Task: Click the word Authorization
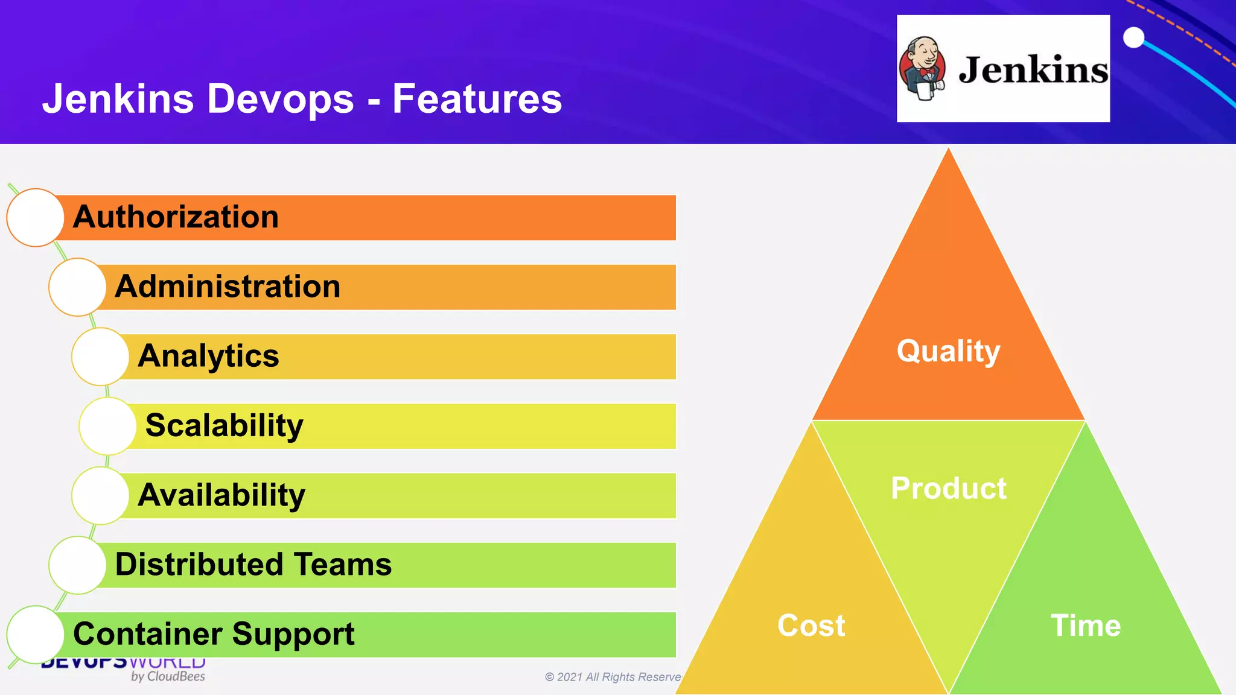click(x=176, y=217)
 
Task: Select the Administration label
click(x=228, y=287)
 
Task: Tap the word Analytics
click(x=208, y=356)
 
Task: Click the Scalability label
click(x=224, y=426)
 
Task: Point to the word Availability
click(x=221, y=495)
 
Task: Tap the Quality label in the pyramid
click(x=948, y=351)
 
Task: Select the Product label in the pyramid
click(x=948, y=488)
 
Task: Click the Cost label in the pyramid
click(x=811, y=626)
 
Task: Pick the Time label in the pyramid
click(x=1085, y=626)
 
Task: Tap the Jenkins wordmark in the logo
click(x=1033, y=70)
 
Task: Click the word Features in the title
click(x=477, y=99)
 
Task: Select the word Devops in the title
click(x=280, y=99)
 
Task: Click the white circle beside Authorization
click(x=36, y=217)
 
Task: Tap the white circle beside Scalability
click(x=107, y=426)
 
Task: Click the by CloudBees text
click(x=168, y=677)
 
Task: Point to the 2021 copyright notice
click(x=613, y=677)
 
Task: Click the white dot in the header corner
click(x=1133, y=37)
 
